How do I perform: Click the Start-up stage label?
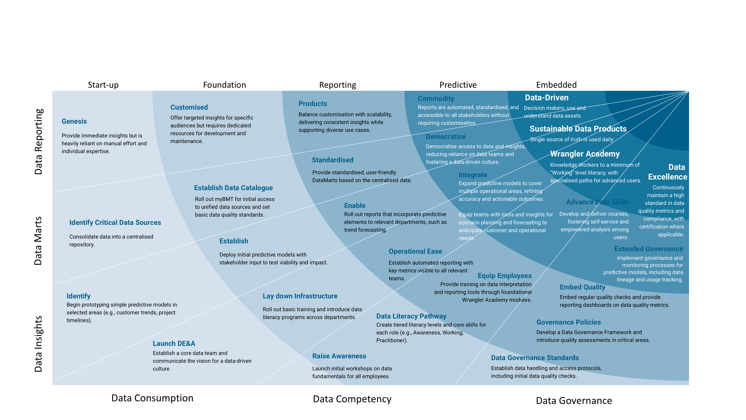(x=103, y=85)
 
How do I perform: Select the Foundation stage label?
(x=224, y=85)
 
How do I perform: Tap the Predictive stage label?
(x=458, y=85)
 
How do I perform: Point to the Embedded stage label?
(x=556, y=85)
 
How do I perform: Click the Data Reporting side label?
(x=38, y=142)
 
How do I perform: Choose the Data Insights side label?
(x=38, y=344)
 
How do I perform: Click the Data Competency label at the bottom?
(x=352, y=399)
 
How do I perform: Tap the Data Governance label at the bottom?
(x=574, y=401)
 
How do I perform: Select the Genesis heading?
(x=74, y=122)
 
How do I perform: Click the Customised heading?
(x=189, y=107)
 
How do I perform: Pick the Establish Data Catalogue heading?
(x=233, y=188)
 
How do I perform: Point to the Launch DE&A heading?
(x=174, y=343)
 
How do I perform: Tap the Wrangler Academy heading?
(x=585, y=154)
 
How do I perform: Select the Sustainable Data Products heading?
(x=578, y=129)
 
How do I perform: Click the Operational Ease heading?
(x=415, y=251)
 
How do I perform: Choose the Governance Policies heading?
(x=568, y=322)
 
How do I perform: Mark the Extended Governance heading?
(x=648, y=249)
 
